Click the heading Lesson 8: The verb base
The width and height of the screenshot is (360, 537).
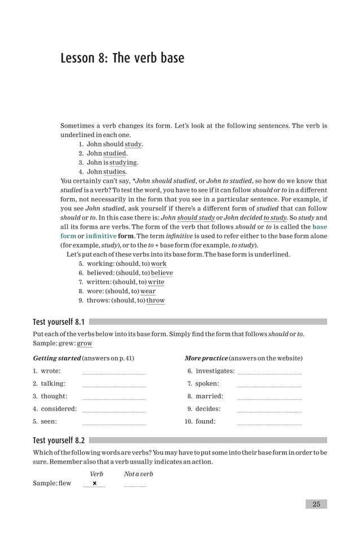(122, 59)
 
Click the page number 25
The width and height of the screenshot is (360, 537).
(316, 504)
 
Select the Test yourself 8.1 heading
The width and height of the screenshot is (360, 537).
(59, 322)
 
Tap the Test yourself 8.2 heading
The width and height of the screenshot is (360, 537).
(59, 440)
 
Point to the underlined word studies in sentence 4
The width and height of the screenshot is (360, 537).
(115, 171)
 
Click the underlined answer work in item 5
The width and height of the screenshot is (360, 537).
(159, 263)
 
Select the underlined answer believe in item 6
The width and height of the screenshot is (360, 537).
(162, 272)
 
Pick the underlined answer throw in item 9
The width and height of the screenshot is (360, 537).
(155, 300)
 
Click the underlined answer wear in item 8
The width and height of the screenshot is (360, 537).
(148, 291)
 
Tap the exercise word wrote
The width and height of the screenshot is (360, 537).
(50, 371)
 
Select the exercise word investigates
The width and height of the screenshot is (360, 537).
(215, 371)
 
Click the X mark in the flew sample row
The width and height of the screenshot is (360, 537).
(94, 483)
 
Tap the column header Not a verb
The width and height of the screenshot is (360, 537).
(138, 474)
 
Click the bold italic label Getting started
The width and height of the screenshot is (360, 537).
(56, 358)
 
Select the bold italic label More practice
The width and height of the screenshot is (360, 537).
(206, 358)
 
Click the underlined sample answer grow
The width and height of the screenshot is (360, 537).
(85, 344)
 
